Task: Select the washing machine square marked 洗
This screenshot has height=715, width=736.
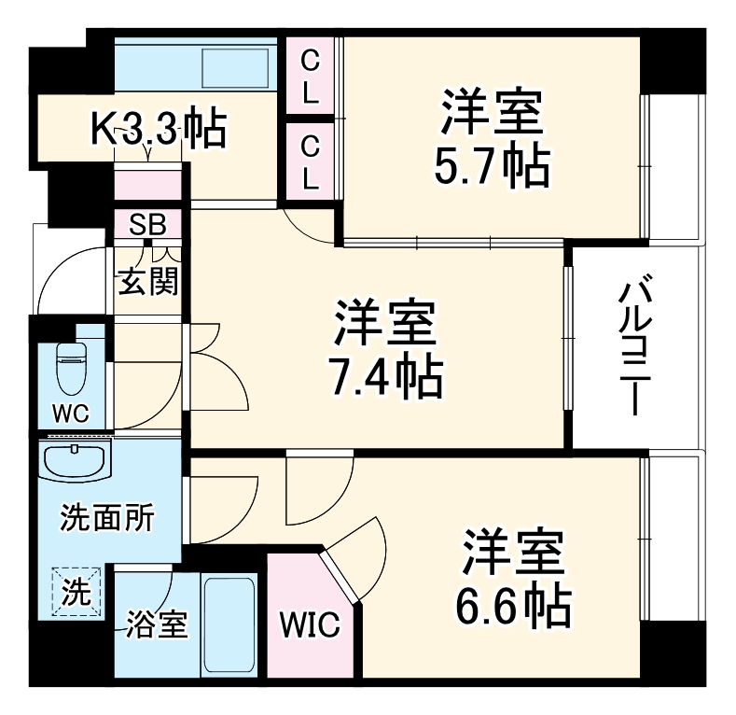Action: (72, 590)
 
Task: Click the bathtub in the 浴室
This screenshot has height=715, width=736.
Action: (229, 624)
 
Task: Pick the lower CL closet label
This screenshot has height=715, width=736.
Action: (309, 160)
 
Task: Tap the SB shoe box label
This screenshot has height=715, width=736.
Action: (147, 224)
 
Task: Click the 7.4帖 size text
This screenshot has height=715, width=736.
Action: (384, 375)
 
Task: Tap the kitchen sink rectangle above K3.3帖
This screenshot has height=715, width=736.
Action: (236, 68)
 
